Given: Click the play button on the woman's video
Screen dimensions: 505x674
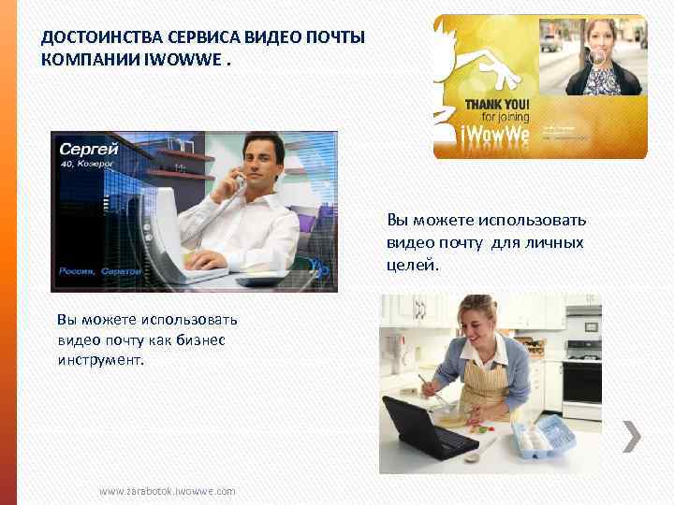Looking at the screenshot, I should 596,55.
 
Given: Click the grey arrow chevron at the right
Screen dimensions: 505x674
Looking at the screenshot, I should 632,436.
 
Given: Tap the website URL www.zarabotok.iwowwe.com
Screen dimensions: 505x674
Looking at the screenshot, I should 168,491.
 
